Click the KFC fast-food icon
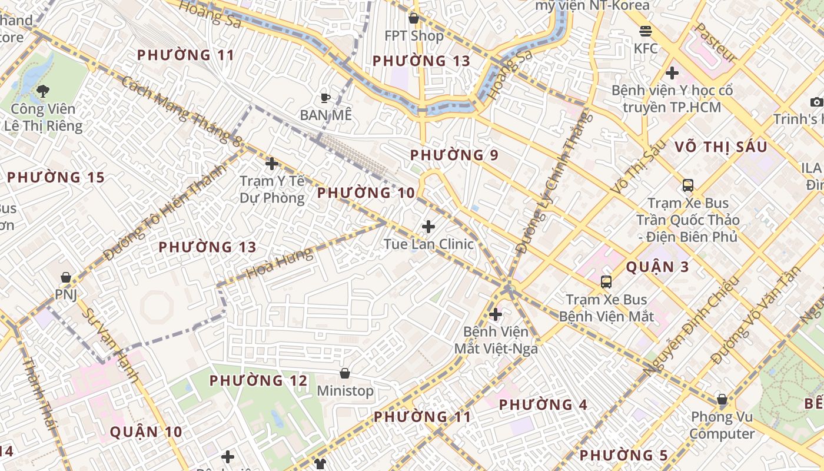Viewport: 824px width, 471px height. pyautogui.click(x=646, y=31)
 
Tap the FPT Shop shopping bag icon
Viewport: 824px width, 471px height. pyautogui.click(x=414, y=18)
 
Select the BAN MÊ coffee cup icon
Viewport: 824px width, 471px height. pyautogui.click(x=325, y=98)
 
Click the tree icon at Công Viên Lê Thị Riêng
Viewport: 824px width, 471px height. pyautogui.click(x=42, y=91)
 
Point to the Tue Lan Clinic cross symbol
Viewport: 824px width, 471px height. pyautogui.click(x=428, y=226)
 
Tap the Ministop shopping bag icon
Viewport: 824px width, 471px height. pyautogui.click(x=345, y=373)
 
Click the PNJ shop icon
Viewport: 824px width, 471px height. pyautogui.click(x=66, y=277)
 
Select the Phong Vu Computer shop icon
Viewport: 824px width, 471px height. pyautogui.click(x=722, y=400)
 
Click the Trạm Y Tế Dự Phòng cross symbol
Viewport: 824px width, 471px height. pyautogui.click(x=272, y=164)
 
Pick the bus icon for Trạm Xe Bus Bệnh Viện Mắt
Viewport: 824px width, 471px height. pyautogui.click(x=606, y=282)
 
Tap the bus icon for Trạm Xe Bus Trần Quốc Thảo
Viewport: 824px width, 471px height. pyautogui.click(x=687, y=185)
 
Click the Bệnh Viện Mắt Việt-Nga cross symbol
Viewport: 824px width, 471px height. pyautogui.click(x=496, y=314)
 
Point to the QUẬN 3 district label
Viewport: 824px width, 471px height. pyautogui.click(x=657, y=267)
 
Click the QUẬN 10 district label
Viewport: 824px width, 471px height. pyautogui.click(x=146, y=432)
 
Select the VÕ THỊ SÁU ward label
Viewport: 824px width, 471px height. pyautogui.click(x=721, y=147)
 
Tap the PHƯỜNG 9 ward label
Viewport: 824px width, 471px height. pyautogui.click(x=454, y=155)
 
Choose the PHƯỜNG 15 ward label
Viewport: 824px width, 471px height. pyautogui.click(x=55, y=177)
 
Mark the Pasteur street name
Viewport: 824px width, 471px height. pyautogui.click(x=715, y=42)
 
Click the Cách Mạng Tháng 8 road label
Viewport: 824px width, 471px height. pyautogui.click(x=182, y=111)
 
